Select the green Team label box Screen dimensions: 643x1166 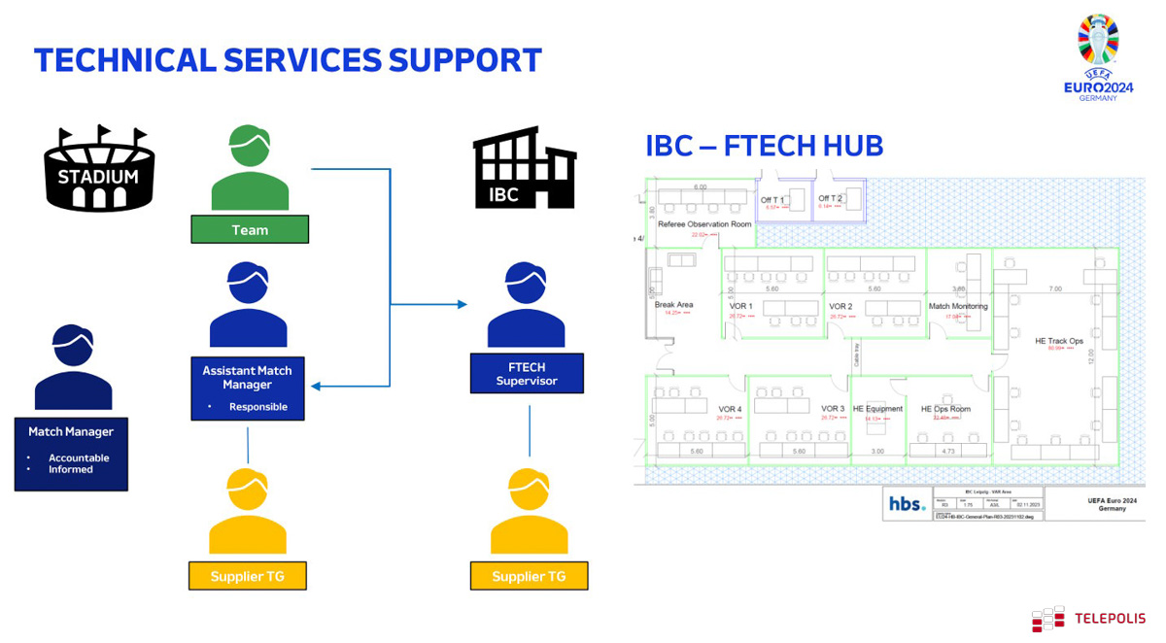tap(250, 230)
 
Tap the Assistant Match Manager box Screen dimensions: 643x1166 tap(248, 388)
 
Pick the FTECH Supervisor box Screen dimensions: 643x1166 tap(527, 374)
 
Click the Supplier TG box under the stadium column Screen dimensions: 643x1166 tap(248, 576)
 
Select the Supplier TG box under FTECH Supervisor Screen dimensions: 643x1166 tap(529, 576)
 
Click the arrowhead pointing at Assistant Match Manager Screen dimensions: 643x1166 tap(317, 387)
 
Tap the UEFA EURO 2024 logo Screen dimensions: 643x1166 tap(1098, 58)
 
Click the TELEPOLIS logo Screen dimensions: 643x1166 tap(1088, 619)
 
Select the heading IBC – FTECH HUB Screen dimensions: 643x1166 tap(764, 146)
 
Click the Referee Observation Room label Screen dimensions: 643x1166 tap(704, 224)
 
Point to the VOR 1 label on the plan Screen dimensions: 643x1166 tap(740, 307)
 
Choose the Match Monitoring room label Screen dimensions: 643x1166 tap(958, 307)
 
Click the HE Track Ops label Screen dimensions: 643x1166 tap(1058, 341)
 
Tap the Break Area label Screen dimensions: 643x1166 tap(673, 305)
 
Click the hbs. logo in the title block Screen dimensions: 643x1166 tap(907, 504)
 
